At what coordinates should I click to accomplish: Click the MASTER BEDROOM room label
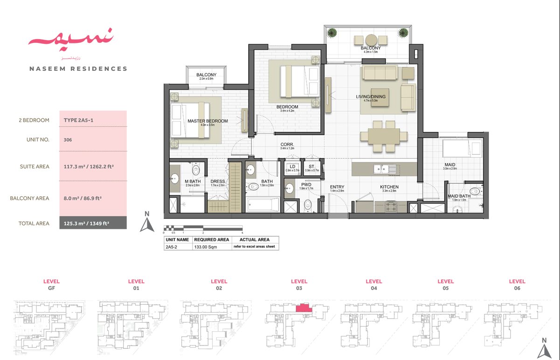(x=207, y=121)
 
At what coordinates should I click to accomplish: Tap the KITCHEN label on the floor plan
(x=389, y=187)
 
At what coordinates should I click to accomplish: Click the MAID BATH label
(x=459, y=196)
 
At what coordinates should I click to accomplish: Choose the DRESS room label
(x=218, y=181)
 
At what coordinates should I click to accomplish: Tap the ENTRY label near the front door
(x=337, y=187)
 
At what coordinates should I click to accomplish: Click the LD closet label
(x=293, y=166)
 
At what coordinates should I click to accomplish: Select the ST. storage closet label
(x=311, y=166)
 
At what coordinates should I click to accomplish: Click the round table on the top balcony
(x=371, y=40)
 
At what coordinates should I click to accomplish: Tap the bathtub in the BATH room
(x=263, y=205)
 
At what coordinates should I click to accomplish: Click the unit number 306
(x=68, y=139)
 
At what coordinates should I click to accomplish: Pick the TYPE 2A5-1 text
(x=79, y=120)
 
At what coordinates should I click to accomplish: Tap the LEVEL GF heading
(x=51, y=284)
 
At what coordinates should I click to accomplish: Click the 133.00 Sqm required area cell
(x=205, y=248)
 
